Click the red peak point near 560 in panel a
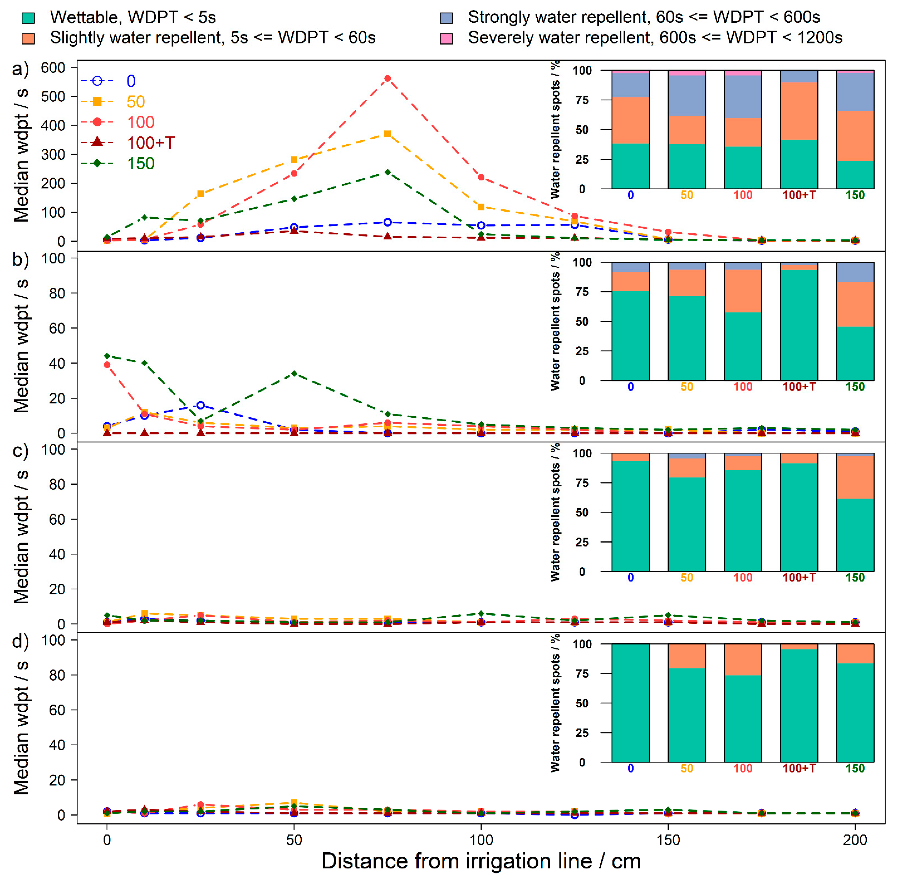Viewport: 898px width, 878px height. pos(387,78)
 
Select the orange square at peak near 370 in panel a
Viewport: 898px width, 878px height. pos(387,134)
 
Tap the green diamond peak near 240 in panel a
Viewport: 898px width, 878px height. pos(387,172)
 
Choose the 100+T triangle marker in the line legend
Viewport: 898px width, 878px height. pos(97,142)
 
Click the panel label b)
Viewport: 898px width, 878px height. pos(20,260)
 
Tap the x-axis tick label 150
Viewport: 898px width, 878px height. pos(668,840)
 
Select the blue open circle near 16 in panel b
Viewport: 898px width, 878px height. pos(200,405)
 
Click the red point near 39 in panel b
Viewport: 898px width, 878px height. pos(107,365)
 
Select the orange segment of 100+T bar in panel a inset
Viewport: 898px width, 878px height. pos(799,111)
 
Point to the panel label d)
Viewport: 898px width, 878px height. pos(20,641)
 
